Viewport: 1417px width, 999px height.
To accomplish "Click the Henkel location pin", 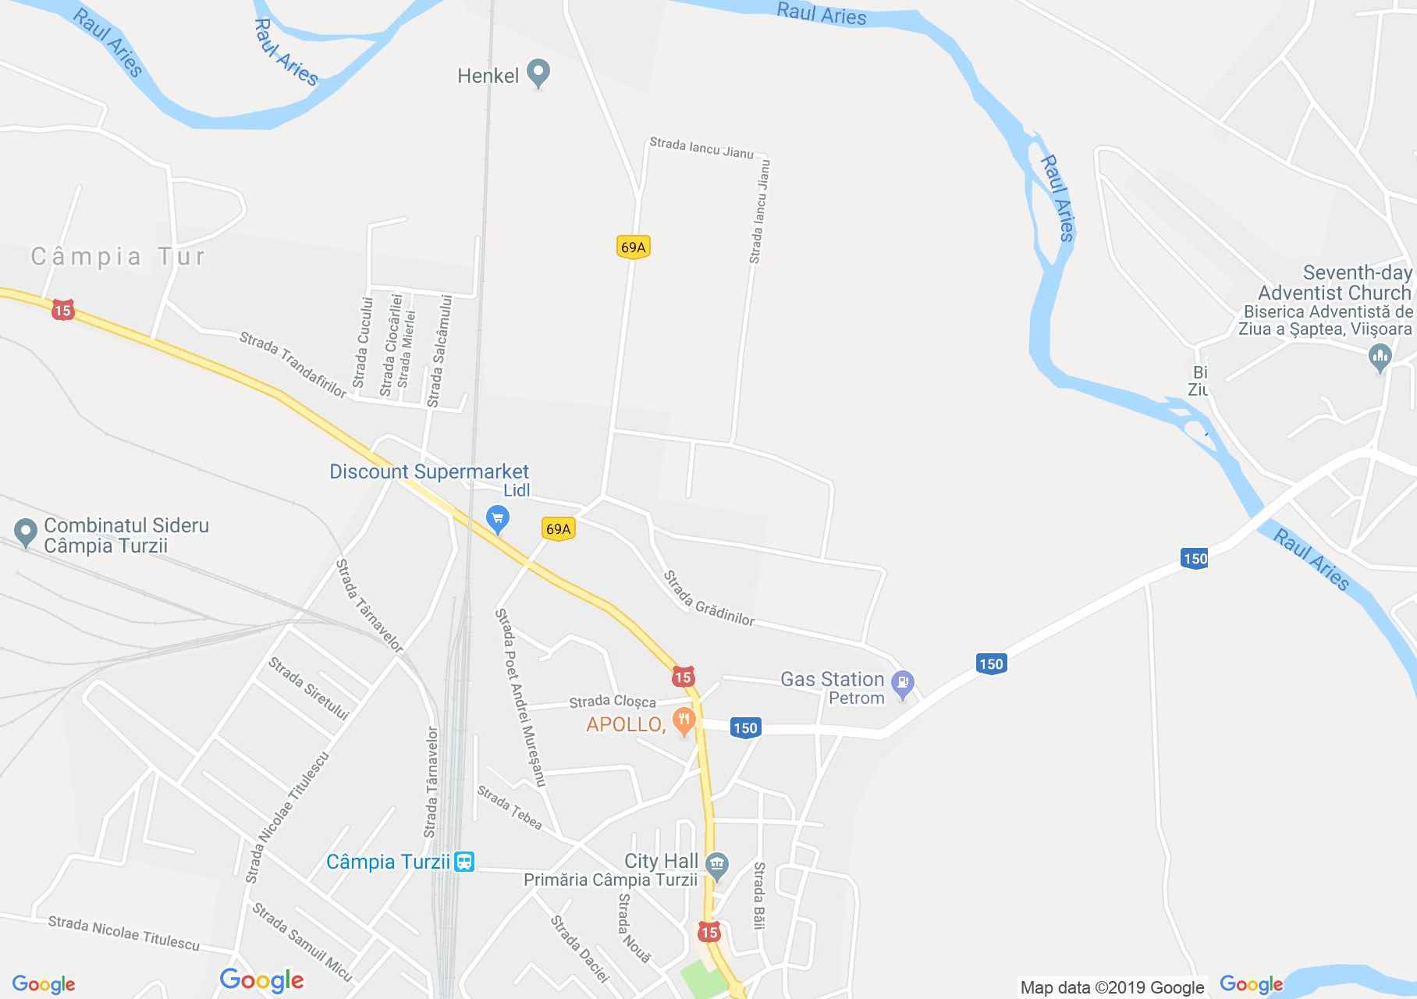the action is point(538,74).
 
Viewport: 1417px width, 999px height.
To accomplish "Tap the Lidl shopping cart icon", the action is point(497,517).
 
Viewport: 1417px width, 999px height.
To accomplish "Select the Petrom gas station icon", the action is point(903,684).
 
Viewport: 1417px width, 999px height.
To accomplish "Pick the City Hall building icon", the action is point(716,864).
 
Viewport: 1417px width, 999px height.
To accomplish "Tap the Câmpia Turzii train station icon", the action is point(464,862).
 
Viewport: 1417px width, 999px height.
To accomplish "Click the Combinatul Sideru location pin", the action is point(26,533).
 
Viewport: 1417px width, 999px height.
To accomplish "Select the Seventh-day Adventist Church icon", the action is point(1380,358).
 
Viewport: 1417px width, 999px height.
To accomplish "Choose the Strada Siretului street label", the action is point(308,688).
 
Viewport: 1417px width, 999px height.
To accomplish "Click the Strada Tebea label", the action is point(510,808).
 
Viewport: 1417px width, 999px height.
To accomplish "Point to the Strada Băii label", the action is point(759,895).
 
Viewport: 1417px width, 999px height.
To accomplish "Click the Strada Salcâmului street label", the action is point(440,350).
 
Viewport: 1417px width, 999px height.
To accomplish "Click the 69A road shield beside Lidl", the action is point(558,529).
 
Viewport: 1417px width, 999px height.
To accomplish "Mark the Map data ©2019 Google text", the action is point(1112,987).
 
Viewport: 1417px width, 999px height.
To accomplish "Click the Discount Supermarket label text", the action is point(429,471).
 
